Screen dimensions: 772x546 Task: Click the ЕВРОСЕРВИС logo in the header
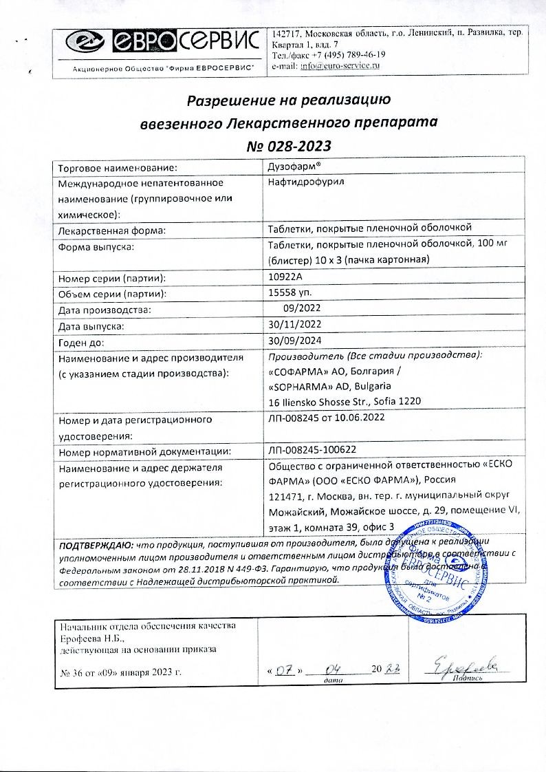157,45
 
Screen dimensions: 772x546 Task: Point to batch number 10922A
288,277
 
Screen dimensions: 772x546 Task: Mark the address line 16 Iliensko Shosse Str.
345,401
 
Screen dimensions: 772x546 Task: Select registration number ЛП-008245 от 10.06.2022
327,418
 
